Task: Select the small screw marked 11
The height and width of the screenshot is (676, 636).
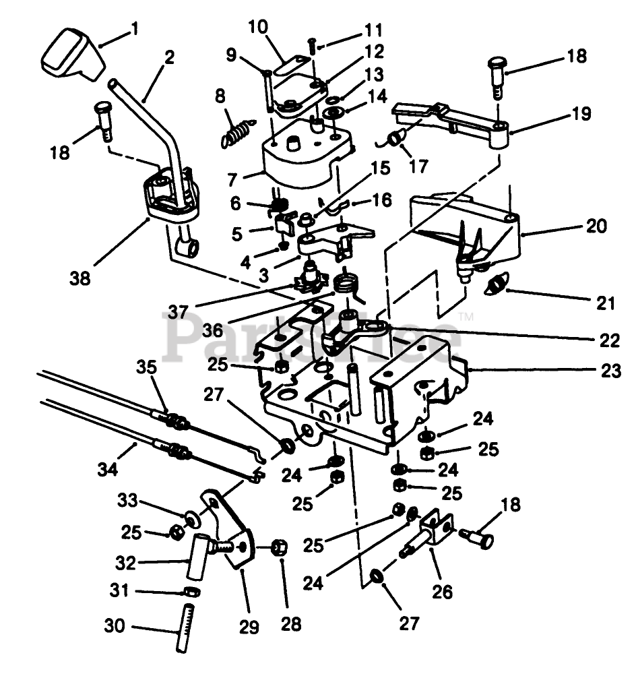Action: (x=312, y=46)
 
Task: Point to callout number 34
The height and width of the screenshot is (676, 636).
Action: (x=106, y=469)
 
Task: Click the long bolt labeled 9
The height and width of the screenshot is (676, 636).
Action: (x=268, y=91)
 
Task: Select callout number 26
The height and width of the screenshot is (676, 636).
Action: (x=443, y=591)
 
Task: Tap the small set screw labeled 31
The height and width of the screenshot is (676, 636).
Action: (x=193, y=592)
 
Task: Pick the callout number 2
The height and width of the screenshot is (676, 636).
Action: (x=168, y=58)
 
